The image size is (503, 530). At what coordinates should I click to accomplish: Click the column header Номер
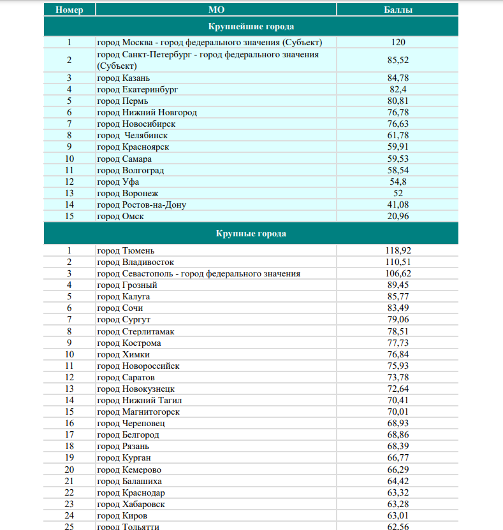pyautogui.click(x=69, y=10)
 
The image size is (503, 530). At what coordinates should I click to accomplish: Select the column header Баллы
pyautogui.click(x=398, y=10)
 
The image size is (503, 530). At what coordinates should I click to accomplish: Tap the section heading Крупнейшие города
pyautogui.click(x=251, y=27)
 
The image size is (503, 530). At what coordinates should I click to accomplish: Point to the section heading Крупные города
pyautogui.click(x=251, y=234)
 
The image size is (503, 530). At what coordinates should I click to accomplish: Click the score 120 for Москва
pyautogui.click(x=398, y=43)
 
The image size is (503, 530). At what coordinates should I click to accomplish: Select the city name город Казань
pyautogui.click(x=124, y=78)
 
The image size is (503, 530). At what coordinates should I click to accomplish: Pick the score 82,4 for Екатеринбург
pyautogui.click(x=398, y=89)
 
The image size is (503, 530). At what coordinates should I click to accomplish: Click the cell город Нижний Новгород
pyautogui.click(x=147, y=112)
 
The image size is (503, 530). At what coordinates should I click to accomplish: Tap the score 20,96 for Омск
pyautogui.click(x=398, y=216)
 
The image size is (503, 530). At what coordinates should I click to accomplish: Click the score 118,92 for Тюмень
pyautogui.click(x=398, y=251)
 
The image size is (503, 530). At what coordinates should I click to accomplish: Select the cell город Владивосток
pyautogui.click(x=135, y=262)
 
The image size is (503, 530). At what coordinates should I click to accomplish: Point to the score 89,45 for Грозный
pyautogui.click(x=398, y=285)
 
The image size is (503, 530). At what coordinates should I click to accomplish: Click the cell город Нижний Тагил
pyautogui.click(x=140, y=400)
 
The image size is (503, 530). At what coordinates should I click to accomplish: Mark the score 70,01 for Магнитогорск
pyautogui.click(x=398, y=412)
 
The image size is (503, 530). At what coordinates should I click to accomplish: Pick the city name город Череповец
pyautogui.click(x=131, y=423)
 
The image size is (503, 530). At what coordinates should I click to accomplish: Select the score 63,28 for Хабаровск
pyautogui.click(x=398, y=504)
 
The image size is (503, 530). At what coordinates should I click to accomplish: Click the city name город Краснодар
pyautogui.click(x=131, y=492)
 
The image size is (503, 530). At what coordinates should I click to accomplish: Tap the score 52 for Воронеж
pyautogui.click(x=398, y=193)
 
